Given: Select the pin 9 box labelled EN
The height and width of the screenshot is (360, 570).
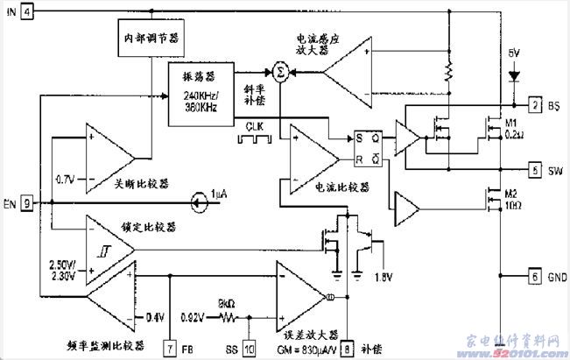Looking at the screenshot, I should (27, 204).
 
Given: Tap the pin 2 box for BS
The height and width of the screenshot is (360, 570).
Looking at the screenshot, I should (535, 106).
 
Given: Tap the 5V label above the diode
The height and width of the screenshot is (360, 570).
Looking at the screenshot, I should (514, 54).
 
